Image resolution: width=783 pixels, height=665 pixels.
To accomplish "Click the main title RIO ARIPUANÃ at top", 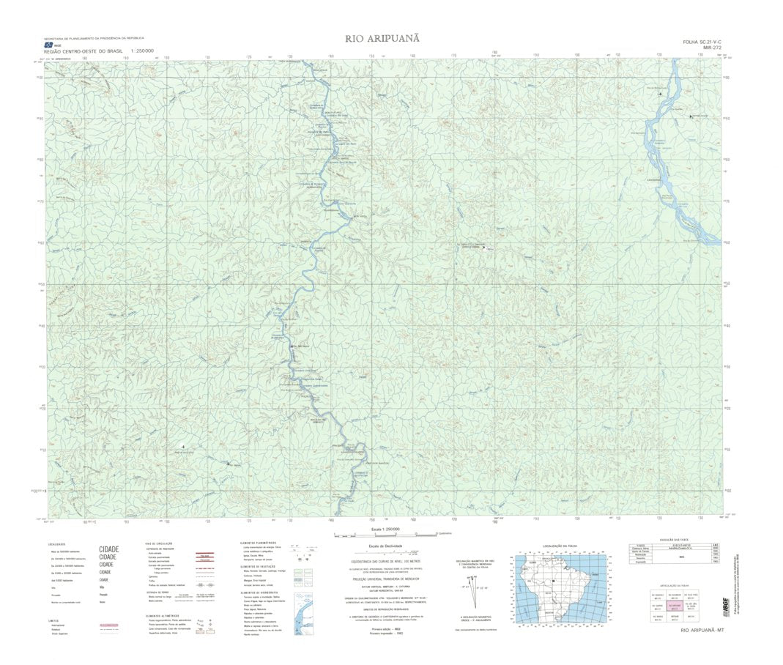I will point(382,38).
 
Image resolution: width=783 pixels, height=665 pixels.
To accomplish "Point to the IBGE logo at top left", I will point(48,45).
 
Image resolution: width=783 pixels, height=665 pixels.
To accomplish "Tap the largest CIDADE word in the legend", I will point(108,549).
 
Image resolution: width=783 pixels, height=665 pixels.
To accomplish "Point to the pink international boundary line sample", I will point(108,625).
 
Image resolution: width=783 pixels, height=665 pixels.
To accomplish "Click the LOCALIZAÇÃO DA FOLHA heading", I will point(561,546).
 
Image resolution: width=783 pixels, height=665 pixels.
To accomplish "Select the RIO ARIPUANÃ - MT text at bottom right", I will point(702,631).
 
